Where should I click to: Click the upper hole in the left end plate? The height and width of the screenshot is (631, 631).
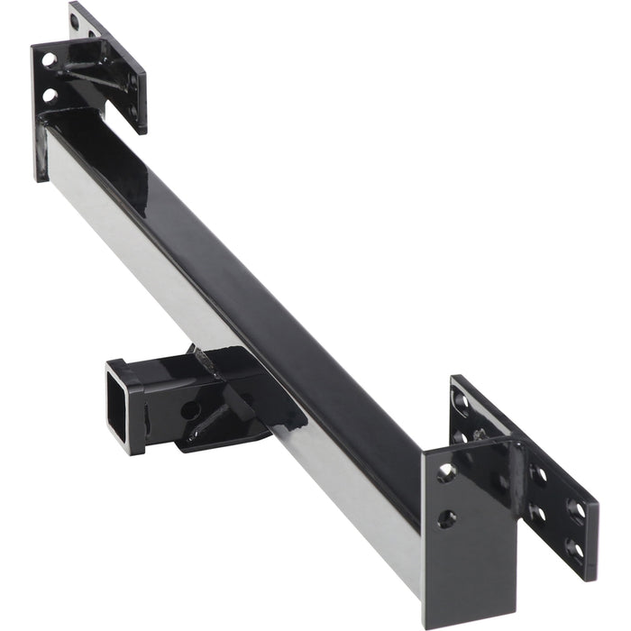click(49, 60)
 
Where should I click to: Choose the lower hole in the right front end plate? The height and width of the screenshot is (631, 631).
click(447, 518)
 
